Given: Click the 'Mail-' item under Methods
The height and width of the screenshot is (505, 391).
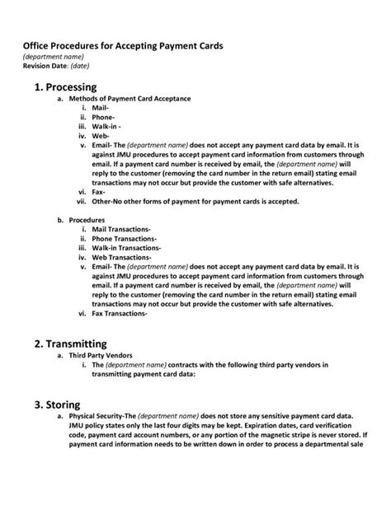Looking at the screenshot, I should [x=101, y=108].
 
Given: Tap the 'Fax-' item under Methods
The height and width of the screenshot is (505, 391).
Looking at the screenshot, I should [x=100, y=191].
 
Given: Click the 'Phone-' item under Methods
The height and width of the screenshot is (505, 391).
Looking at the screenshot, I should [x=104, y=117].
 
